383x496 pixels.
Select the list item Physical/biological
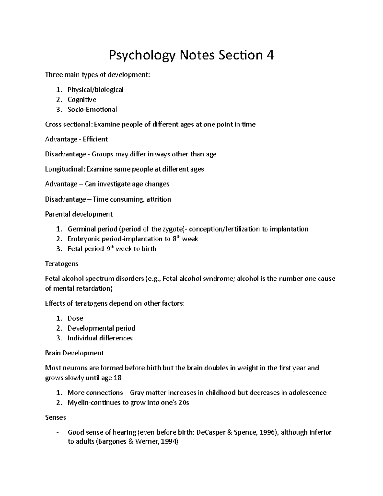click(x=95, y=89)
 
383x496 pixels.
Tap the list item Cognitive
click(x=82, y=100)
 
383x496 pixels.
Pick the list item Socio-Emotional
click(x=92, y=110)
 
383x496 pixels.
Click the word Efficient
click(x=95, y=139)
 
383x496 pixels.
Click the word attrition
click(x=159, y=199)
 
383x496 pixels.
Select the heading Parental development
click(x=79, y=214)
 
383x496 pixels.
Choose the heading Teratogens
click(x=62, y=264)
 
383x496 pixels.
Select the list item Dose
click(x=75, y=318)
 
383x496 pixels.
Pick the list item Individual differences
click(x=100, y=338)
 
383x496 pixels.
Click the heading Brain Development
click(x=74, y=353)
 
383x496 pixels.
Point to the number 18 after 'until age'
click(x=117, y=378)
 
